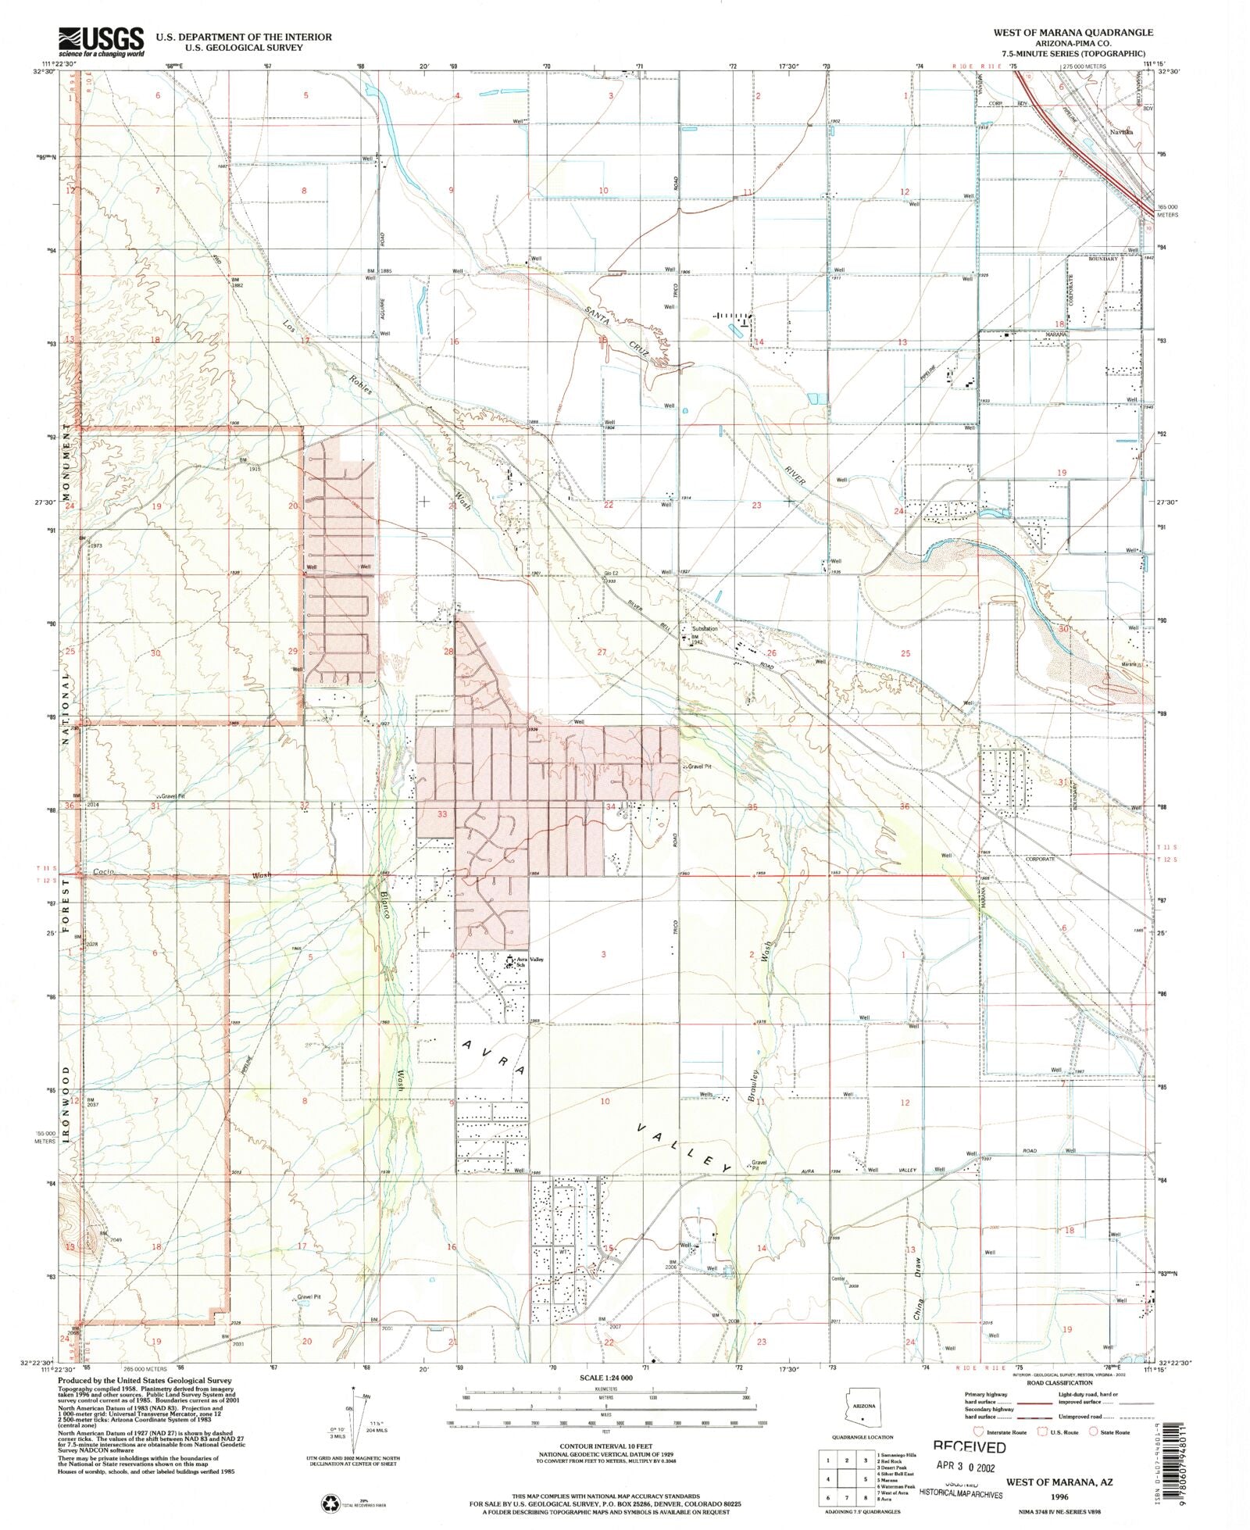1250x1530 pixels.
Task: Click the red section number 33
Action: point(442,814)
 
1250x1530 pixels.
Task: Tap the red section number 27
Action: point(602,652)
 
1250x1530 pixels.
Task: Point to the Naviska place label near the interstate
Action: point(1122,132)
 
